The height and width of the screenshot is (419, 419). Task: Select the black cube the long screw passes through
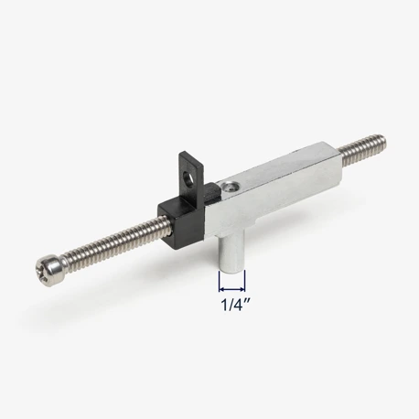[181, 221]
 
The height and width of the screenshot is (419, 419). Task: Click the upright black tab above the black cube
[190, 177]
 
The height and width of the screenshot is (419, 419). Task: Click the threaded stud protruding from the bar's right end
[361, 149]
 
